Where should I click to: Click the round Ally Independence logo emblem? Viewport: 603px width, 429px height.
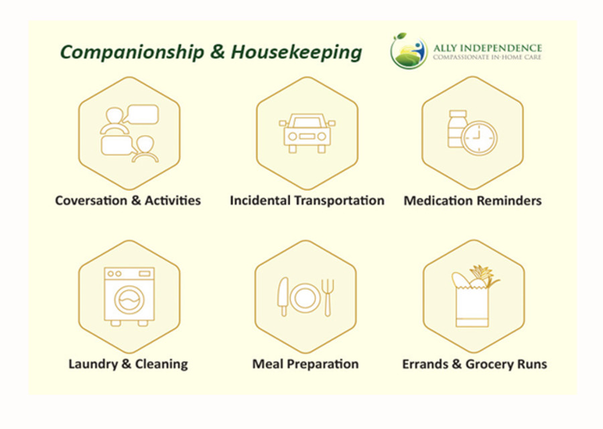point(409,51)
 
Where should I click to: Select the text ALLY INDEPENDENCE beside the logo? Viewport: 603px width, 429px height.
point(488,48)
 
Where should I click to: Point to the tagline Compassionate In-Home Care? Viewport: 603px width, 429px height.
point(487,58)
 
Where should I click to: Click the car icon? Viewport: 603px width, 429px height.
point(307,133)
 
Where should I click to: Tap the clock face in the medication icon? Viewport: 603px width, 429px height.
point(480,138)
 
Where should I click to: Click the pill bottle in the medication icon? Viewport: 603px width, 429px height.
point(457,128)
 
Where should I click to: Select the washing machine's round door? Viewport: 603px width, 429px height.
point(129,300)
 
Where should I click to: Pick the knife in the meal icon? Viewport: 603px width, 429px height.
point(283,296)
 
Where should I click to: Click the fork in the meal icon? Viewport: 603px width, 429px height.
point(328,298)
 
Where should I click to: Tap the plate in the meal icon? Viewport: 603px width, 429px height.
point(305,298)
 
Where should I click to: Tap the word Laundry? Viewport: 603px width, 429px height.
point(92,364)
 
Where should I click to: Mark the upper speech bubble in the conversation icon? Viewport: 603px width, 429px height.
point(142,114)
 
